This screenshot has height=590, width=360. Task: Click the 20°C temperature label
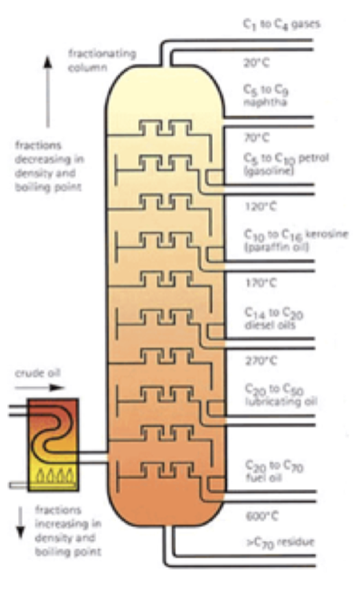[x=256, y=63]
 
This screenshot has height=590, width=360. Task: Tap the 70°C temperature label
[x=258, y=138]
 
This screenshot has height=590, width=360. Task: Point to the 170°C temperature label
[x=260, y=282]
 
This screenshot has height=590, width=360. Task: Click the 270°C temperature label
[x=260, y=360]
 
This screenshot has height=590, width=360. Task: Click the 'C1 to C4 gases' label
[x=281, y=24]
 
